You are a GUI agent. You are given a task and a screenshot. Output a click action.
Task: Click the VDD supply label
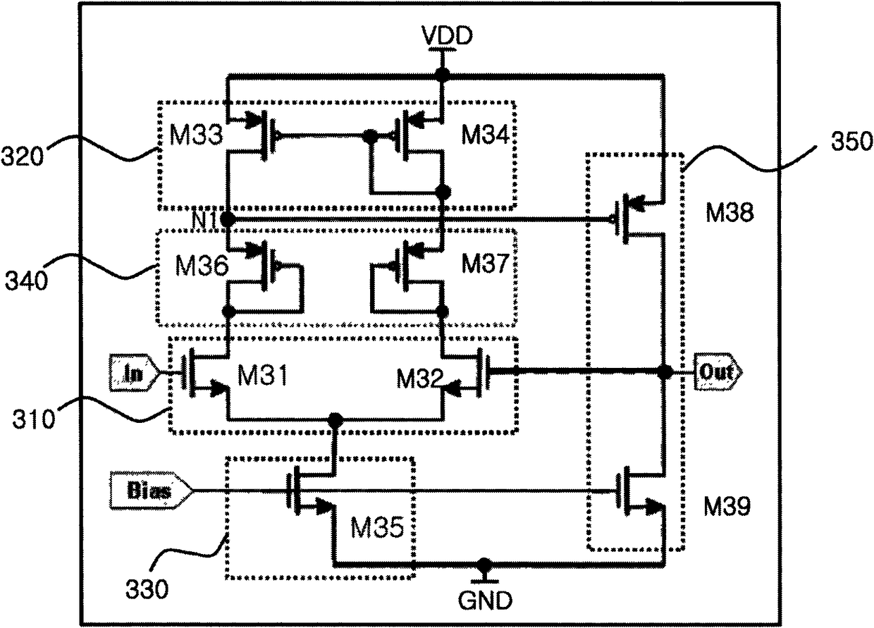447,35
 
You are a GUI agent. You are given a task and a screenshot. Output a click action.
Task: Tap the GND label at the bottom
485,601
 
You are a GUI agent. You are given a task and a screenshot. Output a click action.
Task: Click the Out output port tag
717,372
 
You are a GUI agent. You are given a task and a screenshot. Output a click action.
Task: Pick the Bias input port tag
150,491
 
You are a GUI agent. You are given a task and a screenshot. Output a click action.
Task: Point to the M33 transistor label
196,135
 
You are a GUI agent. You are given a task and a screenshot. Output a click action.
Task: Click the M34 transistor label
485,134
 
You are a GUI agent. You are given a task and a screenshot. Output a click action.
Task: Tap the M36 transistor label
202,266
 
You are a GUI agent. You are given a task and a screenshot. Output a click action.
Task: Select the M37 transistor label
485,263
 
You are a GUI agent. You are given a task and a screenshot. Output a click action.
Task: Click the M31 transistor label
262,375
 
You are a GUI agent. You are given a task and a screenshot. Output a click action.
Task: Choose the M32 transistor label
420,378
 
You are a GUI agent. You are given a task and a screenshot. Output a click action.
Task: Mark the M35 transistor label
377,527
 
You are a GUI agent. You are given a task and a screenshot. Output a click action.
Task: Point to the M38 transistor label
730,213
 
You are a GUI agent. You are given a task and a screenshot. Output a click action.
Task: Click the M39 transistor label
727,507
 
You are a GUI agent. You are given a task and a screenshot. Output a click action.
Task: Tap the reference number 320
22,156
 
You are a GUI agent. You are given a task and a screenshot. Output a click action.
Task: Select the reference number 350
851,141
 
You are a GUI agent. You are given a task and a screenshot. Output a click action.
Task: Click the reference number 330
147,589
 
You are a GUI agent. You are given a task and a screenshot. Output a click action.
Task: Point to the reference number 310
34,419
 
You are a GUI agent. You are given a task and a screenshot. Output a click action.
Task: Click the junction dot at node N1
228,218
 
